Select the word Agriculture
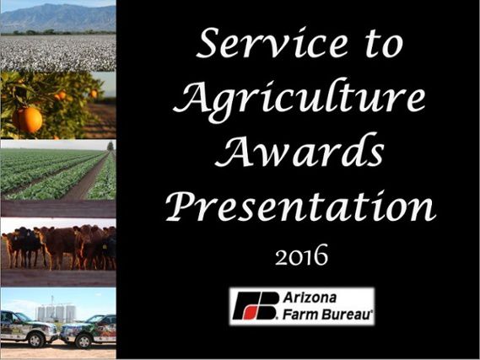click(x=299, y=97)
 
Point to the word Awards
click(x=299, y=151)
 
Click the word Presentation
click(x=300, y=206)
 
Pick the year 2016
click(x=301, y=255)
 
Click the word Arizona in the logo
click(x=310, y=298)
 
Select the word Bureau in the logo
click(x=345, y=314)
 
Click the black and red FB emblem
click(x=256, y=306)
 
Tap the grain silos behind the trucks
click(x=57, y=312)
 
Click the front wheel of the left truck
click(x=35, y=340)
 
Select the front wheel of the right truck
click(x=84, y=341)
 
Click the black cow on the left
click(x=26, y=246)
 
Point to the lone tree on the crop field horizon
click(x=111, y=146)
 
